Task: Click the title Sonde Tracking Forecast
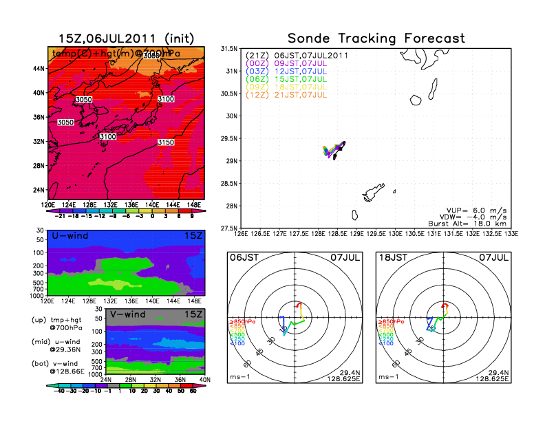point(376,39)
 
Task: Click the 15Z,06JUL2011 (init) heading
point(126,39)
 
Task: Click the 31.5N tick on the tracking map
point(229,49)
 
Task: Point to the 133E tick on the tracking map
point(508,234)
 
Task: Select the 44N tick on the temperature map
point(39,69)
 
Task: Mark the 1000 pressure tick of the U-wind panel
point(37,294)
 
